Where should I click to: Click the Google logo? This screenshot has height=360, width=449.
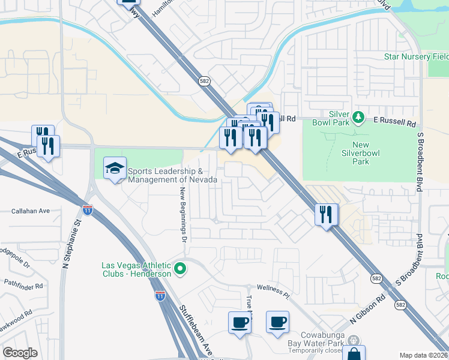coord(20,353)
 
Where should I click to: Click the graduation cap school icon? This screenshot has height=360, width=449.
coord(115,169)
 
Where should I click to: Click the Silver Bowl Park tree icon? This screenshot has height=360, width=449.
coord(358,116)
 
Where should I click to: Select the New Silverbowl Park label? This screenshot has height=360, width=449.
coord(369,154)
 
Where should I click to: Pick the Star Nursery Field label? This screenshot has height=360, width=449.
coord(416,57)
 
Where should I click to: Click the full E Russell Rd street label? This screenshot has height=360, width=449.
coord(395,123)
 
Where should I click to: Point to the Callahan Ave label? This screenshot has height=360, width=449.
coord(30,211)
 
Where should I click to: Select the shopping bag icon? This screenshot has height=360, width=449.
coord(354,354)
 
